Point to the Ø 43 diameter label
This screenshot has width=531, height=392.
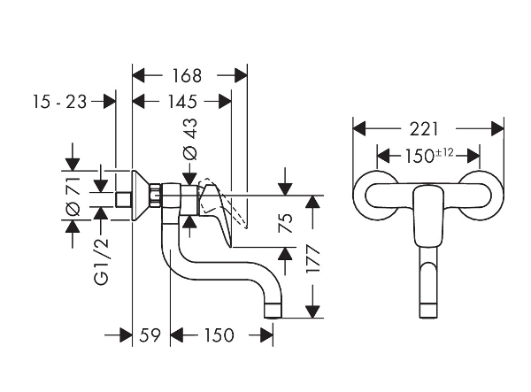[x=189, y=139]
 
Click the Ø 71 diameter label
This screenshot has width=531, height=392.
[x=74, y=196]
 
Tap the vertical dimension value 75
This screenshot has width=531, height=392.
[x=284, y=221]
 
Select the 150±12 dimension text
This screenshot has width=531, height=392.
[x=428, y=156]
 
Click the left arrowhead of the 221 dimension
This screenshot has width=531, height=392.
[x=358, y=129]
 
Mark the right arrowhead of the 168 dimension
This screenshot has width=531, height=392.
[x=240, y=75]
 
